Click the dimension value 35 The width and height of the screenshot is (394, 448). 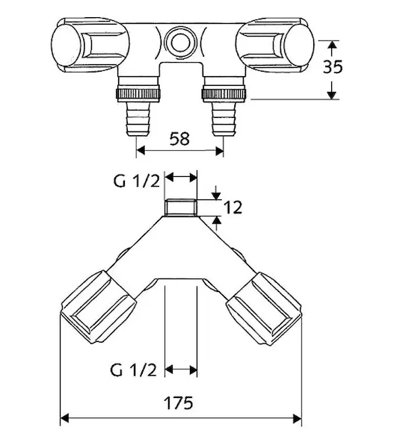tap(333, 67)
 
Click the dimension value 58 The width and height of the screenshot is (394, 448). tap(179, 139)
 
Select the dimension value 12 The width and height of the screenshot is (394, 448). tap(233, 208)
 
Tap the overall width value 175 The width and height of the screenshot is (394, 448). tap(178, 403)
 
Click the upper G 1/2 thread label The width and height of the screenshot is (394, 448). tap(136, 181)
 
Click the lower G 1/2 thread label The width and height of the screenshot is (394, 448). tap(133, 370)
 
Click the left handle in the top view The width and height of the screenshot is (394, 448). tap(90, 45)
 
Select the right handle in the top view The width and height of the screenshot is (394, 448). tap(274, 45)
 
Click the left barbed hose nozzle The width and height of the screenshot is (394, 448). tap(138, 119)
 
